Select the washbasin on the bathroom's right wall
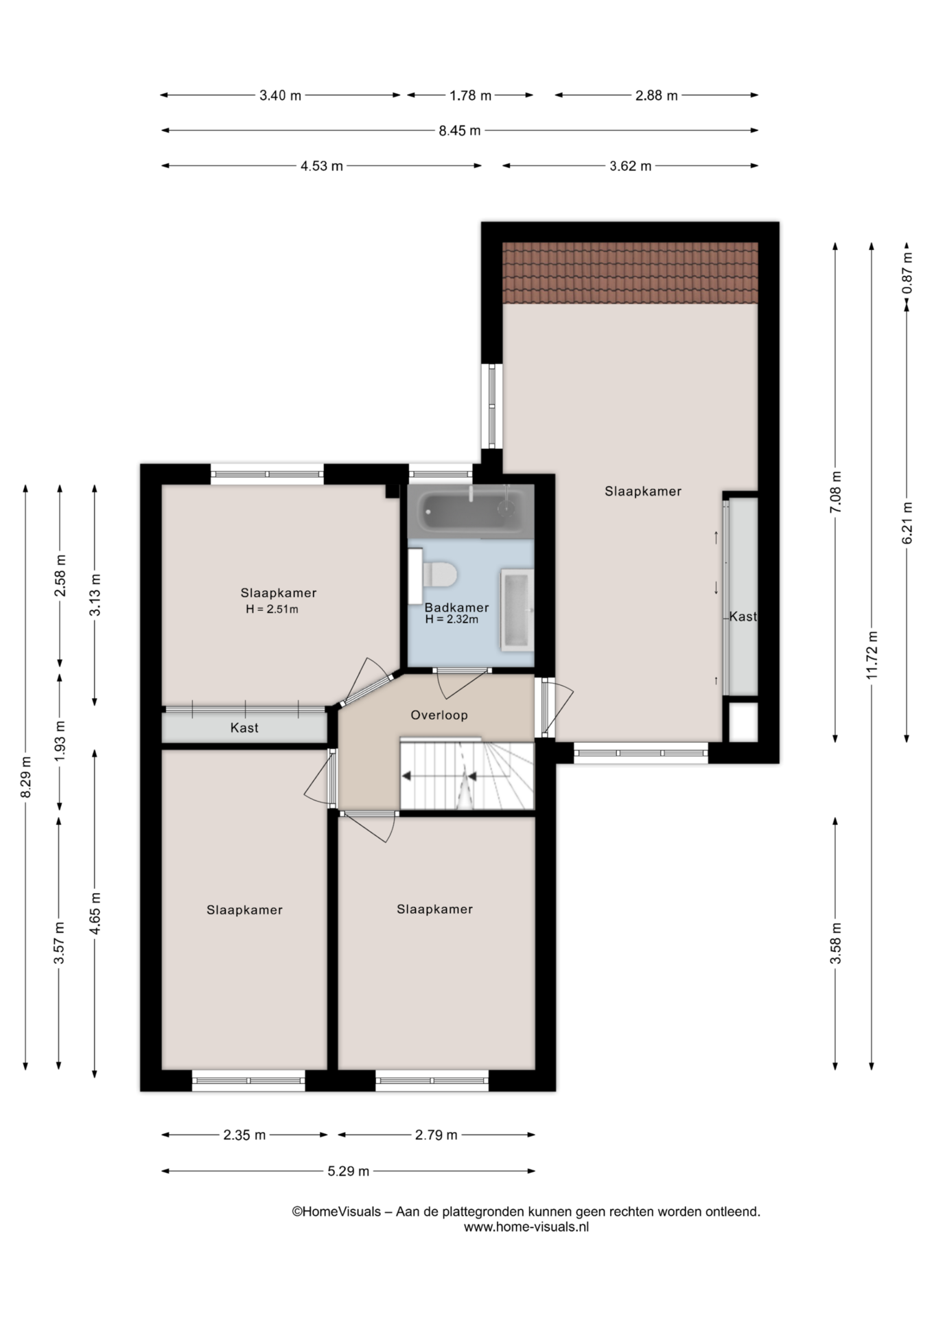[517, 609]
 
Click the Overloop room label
[439, 715]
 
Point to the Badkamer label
[456, 608]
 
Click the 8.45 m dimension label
[460, 130]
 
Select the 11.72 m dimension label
[872, 654]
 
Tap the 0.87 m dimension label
[907, 273]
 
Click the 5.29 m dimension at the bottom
[349, 1171]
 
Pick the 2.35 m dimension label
[244, 1135]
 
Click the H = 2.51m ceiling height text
[272, 609]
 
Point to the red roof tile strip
[630, 273]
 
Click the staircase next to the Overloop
[467, 774]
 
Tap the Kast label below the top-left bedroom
[244, 728]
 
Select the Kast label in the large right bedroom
[743, 616]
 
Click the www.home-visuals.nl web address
[526, 1227]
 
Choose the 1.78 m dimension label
[471, 95]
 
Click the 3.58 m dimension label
[835, 943]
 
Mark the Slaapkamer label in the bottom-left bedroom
[244, 910]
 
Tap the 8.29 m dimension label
[26, 777]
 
